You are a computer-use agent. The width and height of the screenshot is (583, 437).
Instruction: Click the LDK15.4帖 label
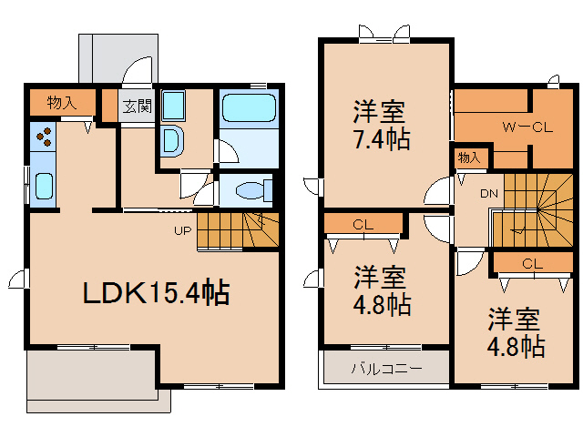click(156, 293)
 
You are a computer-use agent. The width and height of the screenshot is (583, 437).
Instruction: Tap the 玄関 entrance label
click(138, 105)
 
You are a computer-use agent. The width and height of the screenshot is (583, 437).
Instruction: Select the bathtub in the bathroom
click(248, 109)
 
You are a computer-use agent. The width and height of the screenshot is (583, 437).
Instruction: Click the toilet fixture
click(249, 190)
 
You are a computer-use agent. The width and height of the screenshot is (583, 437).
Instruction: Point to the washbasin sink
click(170, 139)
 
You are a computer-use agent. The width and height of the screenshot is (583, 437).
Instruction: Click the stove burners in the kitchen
click(44, 136)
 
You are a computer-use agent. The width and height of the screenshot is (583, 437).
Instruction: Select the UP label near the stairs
click(183, 230)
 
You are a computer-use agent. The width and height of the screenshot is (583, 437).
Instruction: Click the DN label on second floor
click(489, 193)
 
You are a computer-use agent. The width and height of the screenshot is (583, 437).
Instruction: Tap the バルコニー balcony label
click(386, 370)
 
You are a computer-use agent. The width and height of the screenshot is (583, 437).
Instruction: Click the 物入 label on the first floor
click(61, 103)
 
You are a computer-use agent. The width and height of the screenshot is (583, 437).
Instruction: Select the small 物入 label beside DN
click(469, 158)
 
